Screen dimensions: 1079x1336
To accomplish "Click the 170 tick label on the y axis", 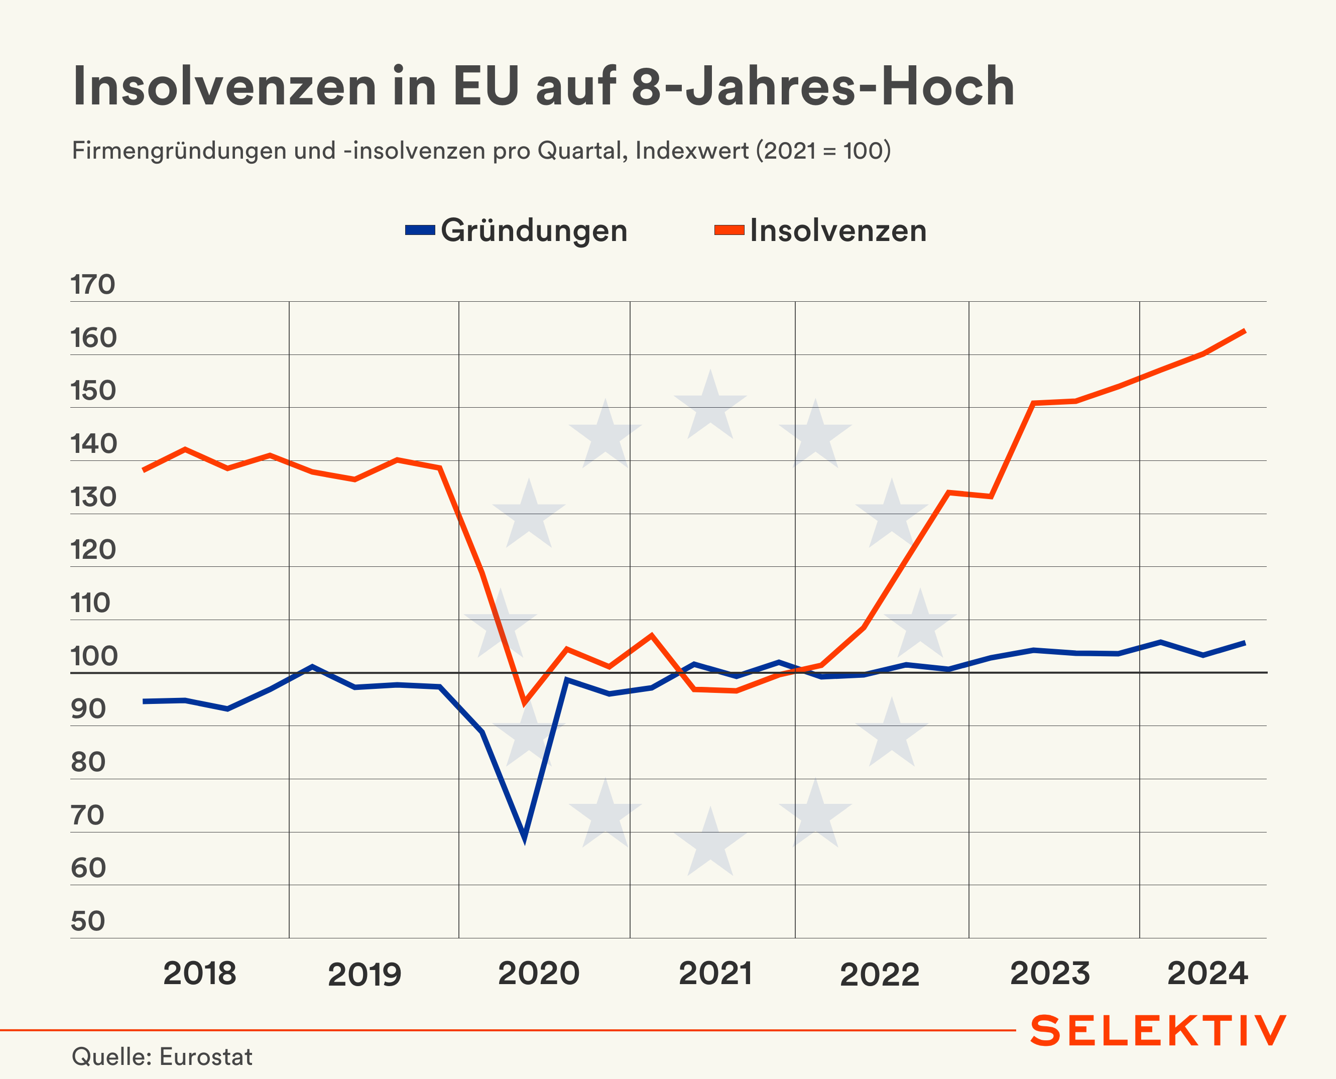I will [x=92, y=285].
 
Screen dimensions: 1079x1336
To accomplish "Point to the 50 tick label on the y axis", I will [x=88, y=921].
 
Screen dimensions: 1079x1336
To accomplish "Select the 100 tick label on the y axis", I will [x=94, y=656].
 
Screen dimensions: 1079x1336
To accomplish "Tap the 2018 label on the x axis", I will [x=199, y=974].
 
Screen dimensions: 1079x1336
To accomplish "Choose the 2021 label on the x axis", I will [x=715, y=974].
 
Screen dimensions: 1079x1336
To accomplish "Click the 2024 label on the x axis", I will [x=1207, y=974].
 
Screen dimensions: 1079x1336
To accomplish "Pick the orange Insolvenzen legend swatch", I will [x=729, y=230].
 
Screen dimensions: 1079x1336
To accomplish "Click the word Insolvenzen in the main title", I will [x=224, y=86].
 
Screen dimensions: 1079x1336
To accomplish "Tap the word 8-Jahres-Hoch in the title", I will [x=823, y=86].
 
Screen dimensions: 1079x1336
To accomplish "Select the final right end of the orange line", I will [x=1245, y=331].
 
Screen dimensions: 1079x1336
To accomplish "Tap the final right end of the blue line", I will [x=1245, y=643].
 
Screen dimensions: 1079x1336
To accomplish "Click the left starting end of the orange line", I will [x=144, y=470].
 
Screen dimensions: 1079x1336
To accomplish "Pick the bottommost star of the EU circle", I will [x=710, y=842].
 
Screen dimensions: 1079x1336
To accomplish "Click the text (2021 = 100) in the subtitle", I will [x=823, y=151].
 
